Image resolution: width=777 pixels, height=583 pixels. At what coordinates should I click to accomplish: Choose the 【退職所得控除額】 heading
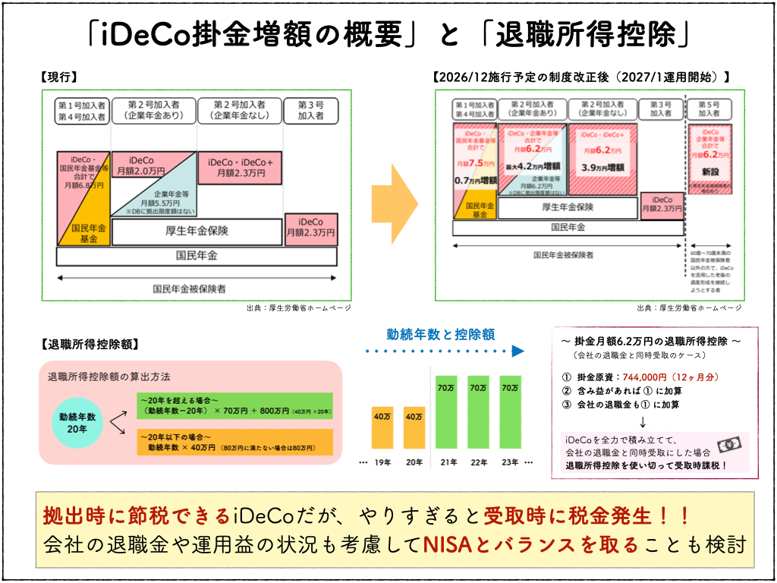90,343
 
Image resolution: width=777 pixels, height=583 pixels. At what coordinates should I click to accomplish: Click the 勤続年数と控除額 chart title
440,333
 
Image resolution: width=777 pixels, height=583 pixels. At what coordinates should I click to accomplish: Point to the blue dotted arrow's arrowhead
518,351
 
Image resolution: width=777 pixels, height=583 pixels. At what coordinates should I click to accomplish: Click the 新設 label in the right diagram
710,172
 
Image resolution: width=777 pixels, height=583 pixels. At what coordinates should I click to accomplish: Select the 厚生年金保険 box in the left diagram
197,230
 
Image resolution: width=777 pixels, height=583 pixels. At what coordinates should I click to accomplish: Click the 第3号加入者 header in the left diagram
310,110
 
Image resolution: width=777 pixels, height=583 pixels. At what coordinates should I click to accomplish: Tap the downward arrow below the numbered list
643,421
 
